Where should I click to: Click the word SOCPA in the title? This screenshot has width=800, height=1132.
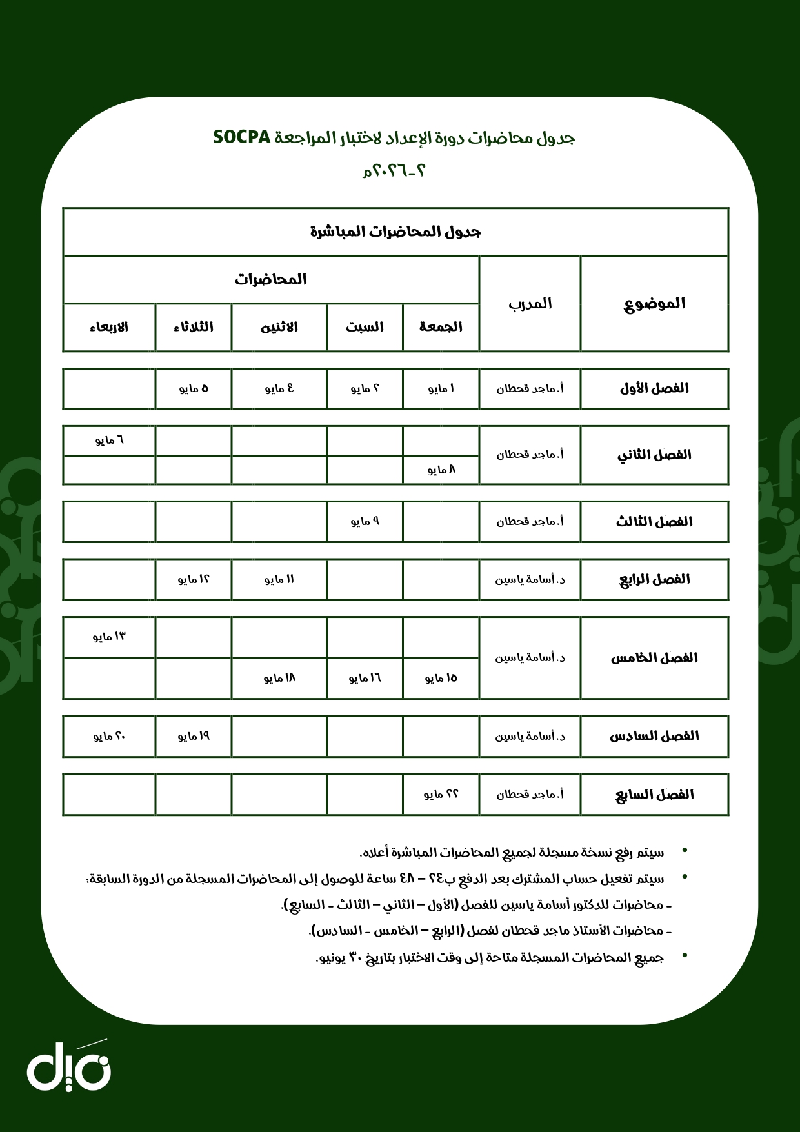pyautogui.click(x=241, y=137)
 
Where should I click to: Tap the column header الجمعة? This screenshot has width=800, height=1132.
pyautogui.click(x=441, y=327)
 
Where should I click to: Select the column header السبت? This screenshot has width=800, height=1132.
pyautogui.click(x=365, y=327)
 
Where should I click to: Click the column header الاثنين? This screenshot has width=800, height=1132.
pyautogui.click(x=279, y=327)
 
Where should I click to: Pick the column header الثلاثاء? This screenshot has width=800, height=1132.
pyautogui.click(x=193, y=327)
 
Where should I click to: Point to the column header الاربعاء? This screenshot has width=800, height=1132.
pyautogui.click(x=109, y=327)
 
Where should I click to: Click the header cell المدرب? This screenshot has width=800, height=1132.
pyautogui.click(x=530, y=304)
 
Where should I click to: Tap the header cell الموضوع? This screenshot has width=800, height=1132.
pyautogui.click(x=654, y=304)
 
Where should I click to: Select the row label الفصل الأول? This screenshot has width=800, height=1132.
pyautogui.click(x=654, y=388)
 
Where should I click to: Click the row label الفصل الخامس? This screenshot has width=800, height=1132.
pyautogui.click(x=654, y=658)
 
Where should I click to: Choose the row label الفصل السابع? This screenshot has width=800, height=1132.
pyautogui.click(x=654, y=795)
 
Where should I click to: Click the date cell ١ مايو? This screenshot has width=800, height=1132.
pyautogui.click(x=441, y=388)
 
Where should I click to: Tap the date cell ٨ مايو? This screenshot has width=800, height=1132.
pyautogui.click(x=441, y=470)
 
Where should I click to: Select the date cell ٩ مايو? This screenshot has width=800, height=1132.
pyautogui.click(x=365, y=521)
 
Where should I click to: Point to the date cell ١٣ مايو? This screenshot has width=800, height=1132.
pyautogui.click(x=109, y=637)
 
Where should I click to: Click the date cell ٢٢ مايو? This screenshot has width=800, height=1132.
pyautogui.click(x=441, y=795)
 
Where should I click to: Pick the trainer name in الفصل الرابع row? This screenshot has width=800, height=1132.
pyautogui.click(x=530, y=579)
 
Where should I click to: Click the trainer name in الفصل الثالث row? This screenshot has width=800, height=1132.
pyautogui.click(x=530, y=521)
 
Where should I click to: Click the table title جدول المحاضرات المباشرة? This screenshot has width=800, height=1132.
pyautogui.click(x=395, y=232)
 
